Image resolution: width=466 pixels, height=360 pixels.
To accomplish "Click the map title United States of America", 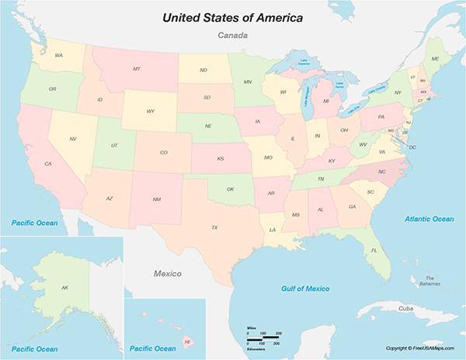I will click(232, 16).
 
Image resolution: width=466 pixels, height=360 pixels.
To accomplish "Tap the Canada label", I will click(232, 36).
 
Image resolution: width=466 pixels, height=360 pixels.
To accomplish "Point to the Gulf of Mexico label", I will click(311, 289).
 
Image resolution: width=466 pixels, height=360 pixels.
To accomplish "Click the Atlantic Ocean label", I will click(429, 219).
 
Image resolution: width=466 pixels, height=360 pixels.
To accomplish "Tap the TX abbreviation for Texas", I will click(214, 227).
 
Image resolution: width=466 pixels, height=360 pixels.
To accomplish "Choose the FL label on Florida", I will click(374, 251).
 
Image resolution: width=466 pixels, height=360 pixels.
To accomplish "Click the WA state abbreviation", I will click(58, 55).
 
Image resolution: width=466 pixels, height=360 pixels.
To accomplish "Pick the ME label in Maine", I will click(435, 59).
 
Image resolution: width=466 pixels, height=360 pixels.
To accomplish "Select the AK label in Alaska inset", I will click(65, 288).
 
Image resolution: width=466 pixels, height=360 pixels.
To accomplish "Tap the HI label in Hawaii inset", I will click(186, 341).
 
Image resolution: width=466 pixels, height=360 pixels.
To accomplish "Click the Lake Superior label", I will click(297, 64).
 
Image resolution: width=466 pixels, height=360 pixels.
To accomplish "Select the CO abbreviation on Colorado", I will click(163, 152).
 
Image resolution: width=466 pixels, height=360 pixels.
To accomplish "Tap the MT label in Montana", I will click(137, 69).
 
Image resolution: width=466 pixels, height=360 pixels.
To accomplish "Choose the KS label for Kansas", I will click(221, 158).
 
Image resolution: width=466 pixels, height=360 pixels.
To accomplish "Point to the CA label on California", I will click(48, 164).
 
